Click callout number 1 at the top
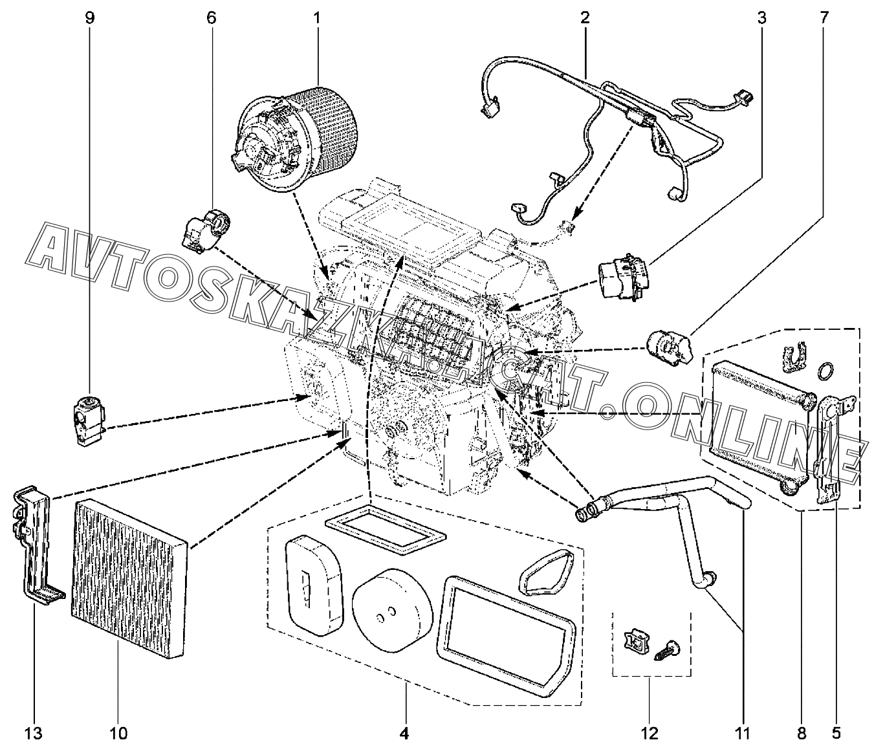[x=317, y=17]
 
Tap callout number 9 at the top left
[x=89, y=17]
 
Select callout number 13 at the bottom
[x=33, y=733]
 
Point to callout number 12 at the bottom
[x=650, y=733]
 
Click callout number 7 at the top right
[x=824, y=17]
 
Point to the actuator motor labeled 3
[x=622, y=276]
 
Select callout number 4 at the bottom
[x=404, y=733]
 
